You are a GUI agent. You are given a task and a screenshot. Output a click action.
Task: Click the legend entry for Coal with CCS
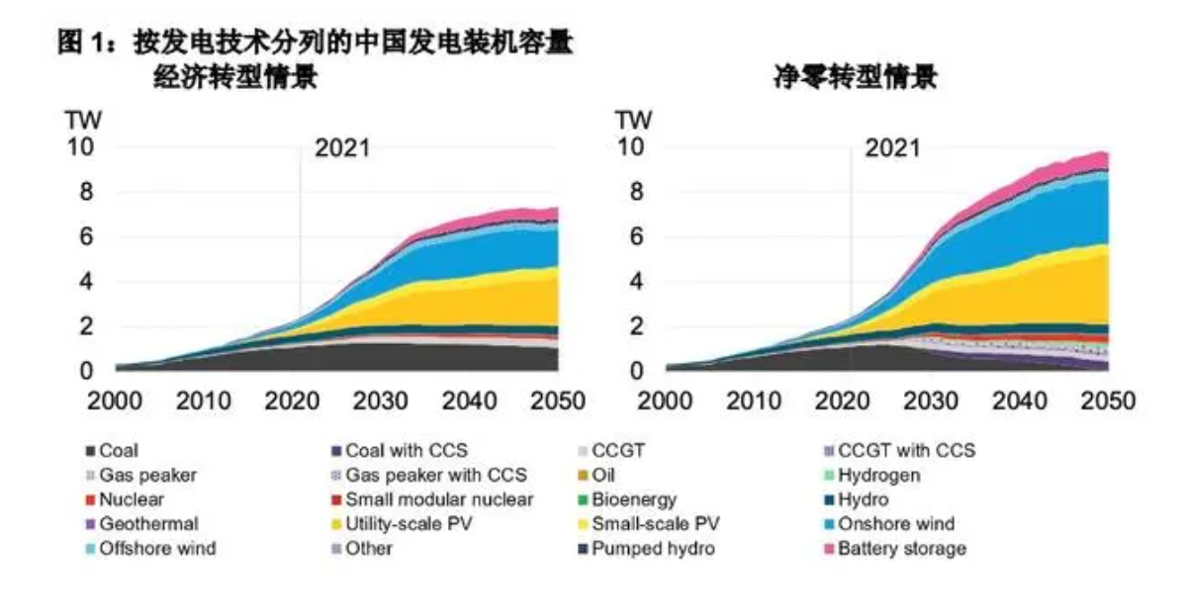click(x=407, y=451)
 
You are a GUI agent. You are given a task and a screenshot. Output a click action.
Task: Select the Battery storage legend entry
click(x=900, y=549)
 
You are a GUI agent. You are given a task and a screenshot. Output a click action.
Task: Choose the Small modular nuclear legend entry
click(x=439, y=499)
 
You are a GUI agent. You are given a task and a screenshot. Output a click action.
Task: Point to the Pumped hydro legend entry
click(x=652, y=549)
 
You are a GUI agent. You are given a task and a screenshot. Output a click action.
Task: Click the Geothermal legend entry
click(x=148, y=524)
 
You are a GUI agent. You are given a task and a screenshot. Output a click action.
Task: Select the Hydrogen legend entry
click(x=878, y=476)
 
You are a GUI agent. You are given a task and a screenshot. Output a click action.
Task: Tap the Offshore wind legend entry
click(x=156, y=549)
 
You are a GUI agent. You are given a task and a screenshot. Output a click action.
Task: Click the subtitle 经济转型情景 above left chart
click(x=235, y=77)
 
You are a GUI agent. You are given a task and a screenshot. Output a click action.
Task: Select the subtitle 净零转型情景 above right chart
click(x=855, y=77)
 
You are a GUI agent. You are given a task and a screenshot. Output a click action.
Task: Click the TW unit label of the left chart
click(x=83, y=121)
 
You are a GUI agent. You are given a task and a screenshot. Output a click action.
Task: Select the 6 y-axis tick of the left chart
click(x=87, y=237)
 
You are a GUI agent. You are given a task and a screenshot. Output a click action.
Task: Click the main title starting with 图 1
click(x=317, y=44)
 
